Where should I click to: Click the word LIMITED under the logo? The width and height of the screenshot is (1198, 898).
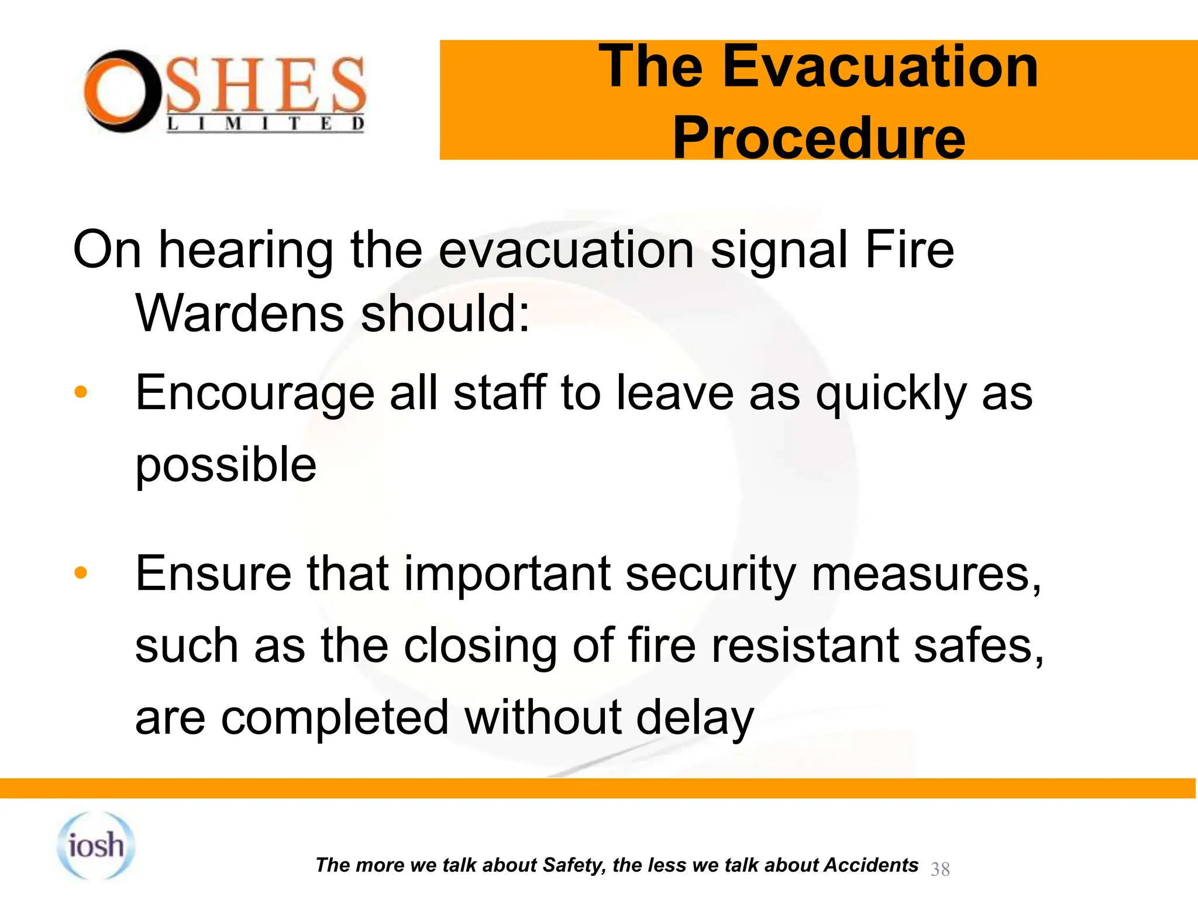click(x=266, y=124)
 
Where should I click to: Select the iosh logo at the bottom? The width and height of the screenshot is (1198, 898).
click(x=96, y=845)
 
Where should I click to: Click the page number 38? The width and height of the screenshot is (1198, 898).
click(x=940, y=869)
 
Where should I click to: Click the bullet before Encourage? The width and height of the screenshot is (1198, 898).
click(x=81, y=392)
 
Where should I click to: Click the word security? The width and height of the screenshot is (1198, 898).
click(x=710, y=574)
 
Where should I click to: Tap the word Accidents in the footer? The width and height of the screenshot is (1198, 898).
click(x=870, y=865)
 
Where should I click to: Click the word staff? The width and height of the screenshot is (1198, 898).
click(x=500, y=393)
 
